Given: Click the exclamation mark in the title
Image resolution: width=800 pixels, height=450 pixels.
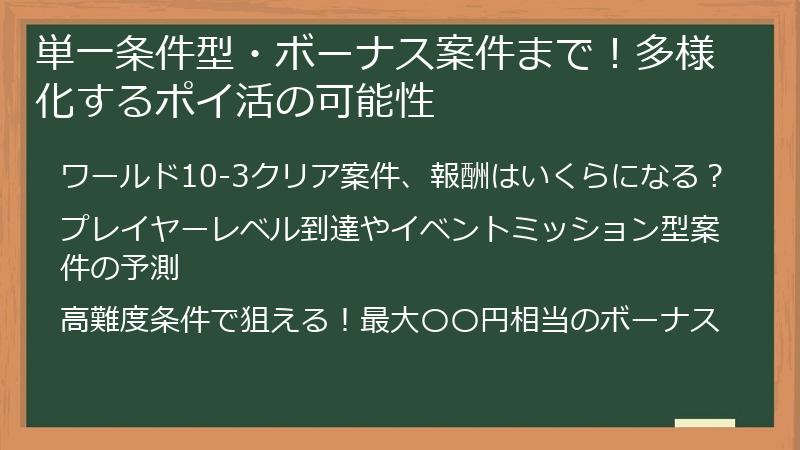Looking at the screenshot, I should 620,52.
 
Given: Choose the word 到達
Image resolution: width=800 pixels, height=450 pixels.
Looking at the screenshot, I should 314,229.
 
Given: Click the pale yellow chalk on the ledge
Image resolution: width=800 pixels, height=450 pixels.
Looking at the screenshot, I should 704,423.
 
